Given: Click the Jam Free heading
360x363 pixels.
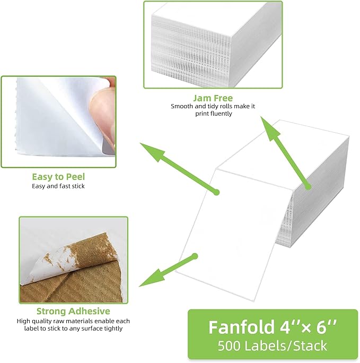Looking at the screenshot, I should pos(213,98).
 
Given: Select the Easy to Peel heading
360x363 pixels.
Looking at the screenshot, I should pos(58,177).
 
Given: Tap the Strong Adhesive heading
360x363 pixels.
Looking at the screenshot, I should pos(73,311).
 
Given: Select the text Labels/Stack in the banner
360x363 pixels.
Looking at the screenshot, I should pos(288,346).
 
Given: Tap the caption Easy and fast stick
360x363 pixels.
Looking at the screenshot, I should pos(58,186).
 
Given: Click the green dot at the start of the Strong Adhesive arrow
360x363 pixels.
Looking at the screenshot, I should pos(195,256).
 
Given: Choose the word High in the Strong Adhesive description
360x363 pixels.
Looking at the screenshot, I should pos(24,321).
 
